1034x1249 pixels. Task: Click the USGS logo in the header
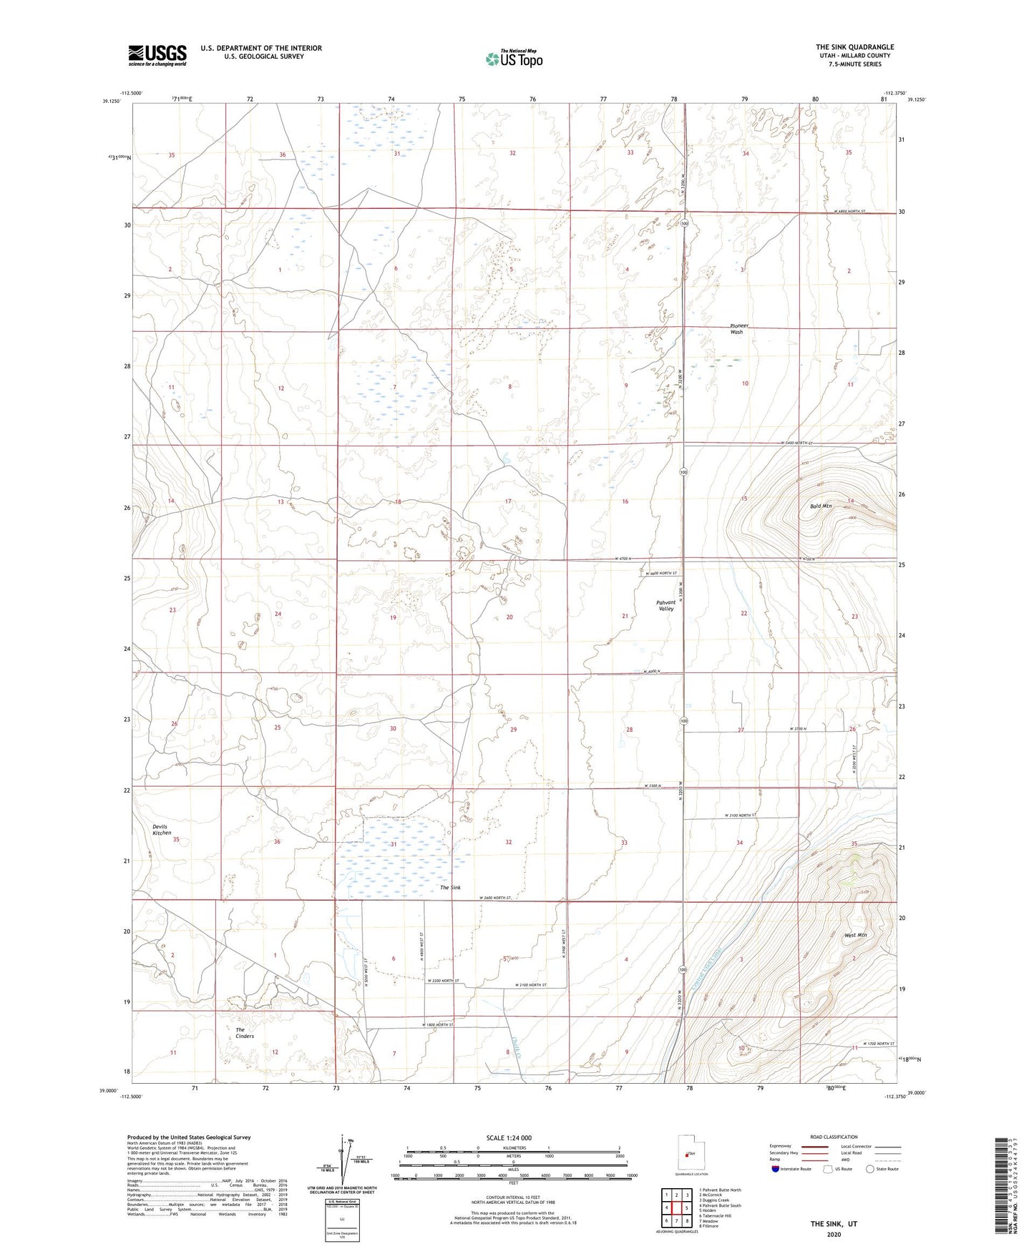(x=157, y=54)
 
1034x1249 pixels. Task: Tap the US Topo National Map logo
(x=513, y=59)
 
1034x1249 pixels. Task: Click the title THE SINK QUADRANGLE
(x=854, y=47)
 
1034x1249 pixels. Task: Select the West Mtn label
(x=855, y=935)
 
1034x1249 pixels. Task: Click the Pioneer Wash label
(x=736, y=328)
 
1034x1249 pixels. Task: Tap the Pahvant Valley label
(x=665, y=605)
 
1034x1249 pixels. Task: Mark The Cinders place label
(x=245, y=1032)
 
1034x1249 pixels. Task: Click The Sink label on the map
(x=450, y=887)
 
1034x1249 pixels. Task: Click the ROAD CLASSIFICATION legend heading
(x=834, y=1137)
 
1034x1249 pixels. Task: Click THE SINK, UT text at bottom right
(x=834, y=1223)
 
